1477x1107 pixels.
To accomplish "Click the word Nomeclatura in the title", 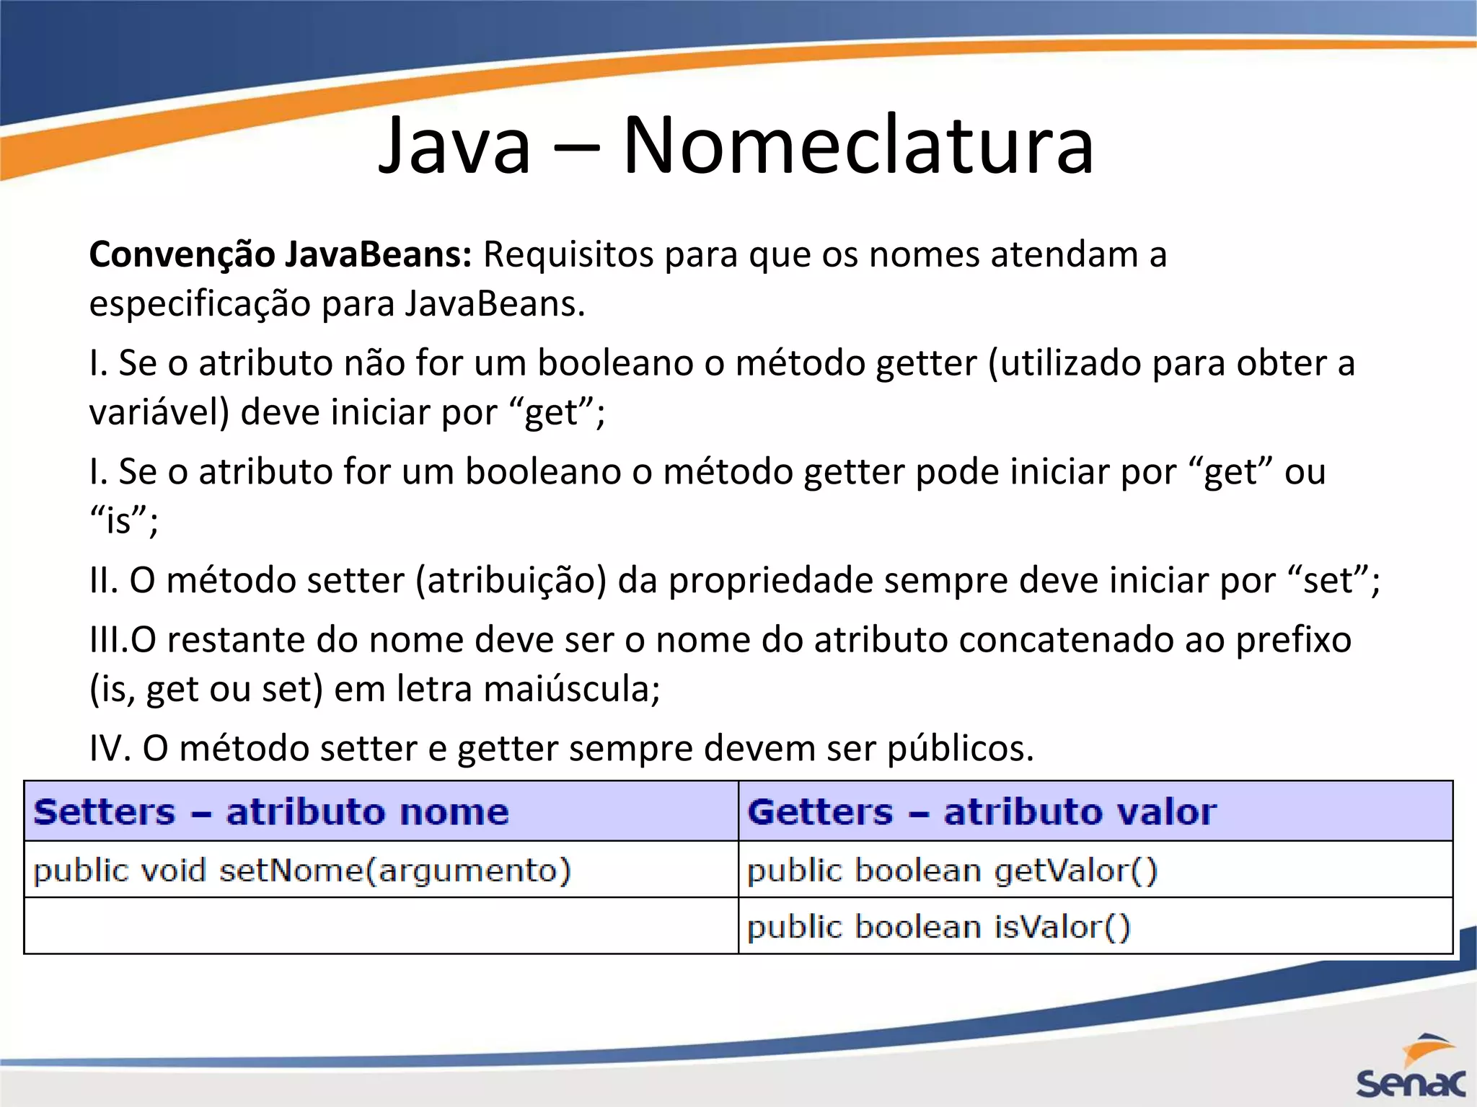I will click(x=858, y=146).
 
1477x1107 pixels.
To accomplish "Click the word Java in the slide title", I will click(x=455, y=146).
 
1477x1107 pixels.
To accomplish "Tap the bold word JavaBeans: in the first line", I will click(x=379, y=254).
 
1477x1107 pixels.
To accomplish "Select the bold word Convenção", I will click(x=182, y=254).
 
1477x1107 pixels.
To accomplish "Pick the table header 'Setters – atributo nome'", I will click(x=271, y=812).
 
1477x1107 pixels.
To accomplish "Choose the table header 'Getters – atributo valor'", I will click(x=982, y=812).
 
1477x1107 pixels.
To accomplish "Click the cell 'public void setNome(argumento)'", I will click(x=302, y=871).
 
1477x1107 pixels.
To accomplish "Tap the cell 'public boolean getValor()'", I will click(x=952, y=871).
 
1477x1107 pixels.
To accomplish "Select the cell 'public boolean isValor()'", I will click(x=938, y=927).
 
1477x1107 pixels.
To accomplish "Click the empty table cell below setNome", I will click(x=381, y=926).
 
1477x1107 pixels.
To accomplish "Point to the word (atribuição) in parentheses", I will click(x=511, y=581).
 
